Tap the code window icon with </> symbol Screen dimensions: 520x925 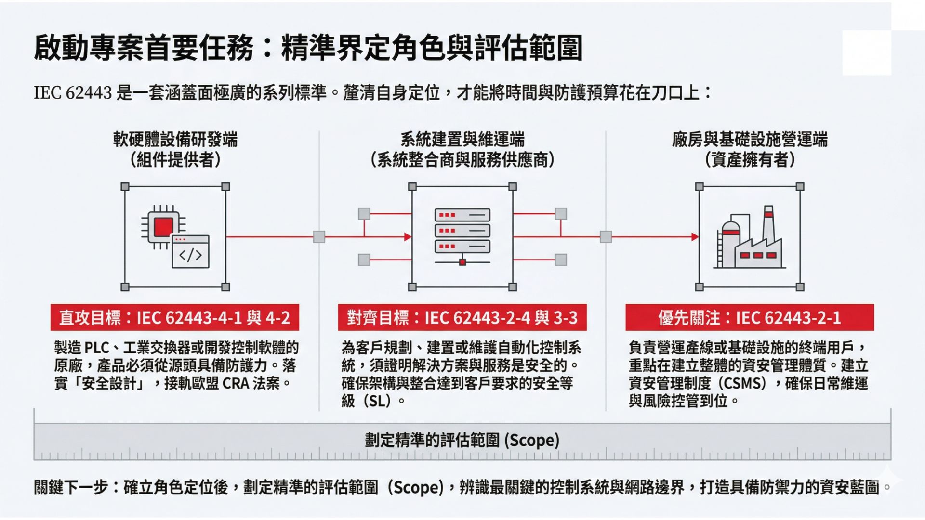191,252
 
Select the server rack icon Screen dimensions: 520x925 462,236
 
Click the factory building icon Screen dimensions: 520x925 749,239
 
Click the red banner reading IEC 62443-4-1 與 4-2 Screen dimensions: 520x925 174,318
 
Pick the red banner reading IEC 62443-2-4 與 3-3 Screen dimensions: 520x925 462,318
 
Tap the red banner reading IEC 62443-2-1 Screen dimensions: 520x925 749,318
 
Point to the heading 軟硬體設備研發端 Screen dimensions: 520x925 175,140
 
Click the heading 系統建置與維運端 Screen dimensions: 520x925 462,140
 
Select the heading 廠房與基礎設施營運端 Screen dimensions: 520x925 750,140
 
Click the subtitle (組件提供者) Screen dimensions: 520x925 175,159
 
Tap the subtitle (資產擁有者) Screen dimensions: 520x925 750,159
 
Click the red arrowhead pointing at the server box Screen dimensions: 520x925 408,237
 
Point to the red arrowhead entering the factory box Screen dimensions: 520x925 695,237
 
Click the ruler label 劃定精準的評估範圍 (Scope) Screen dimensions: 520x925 462,440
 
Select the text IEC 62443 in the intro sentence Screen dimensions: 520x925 73,92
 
